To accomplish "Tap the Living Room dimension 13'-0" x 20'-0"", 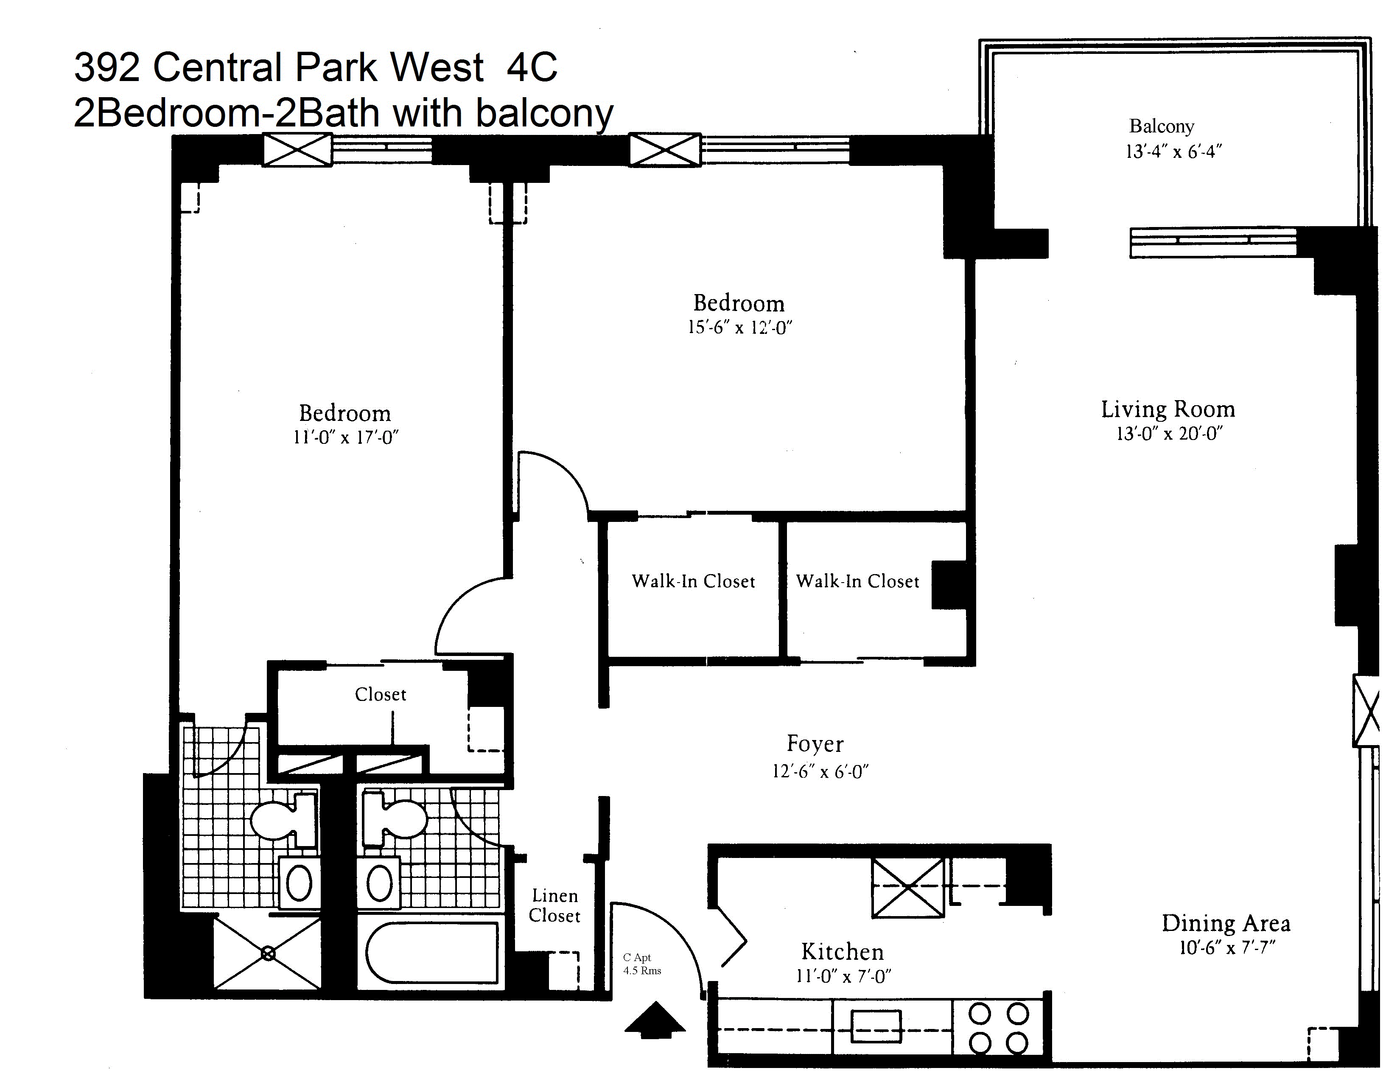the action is click(x=1169, y=434).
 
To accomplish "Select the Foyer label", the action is click(x=815, y=743).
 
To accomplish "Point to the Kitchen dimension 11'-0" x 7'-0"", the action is click(x=843, y=976).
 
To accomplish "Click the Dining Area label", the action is click(x=1226, y=924).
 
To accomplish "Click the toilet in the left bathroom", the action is click(x=282, y=819).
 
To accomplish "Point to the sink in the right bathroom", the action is click(x=380, y=883).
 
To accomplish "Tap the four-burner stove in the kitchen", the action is click(x=998, y=1028).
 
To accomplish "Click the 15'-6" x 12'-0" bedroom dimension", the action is click(x=740, y=328).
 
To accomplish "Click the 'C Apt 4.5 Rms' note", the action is click(x=641, y=964).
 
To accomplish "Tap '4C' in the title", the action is click(x=532, y=67).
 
